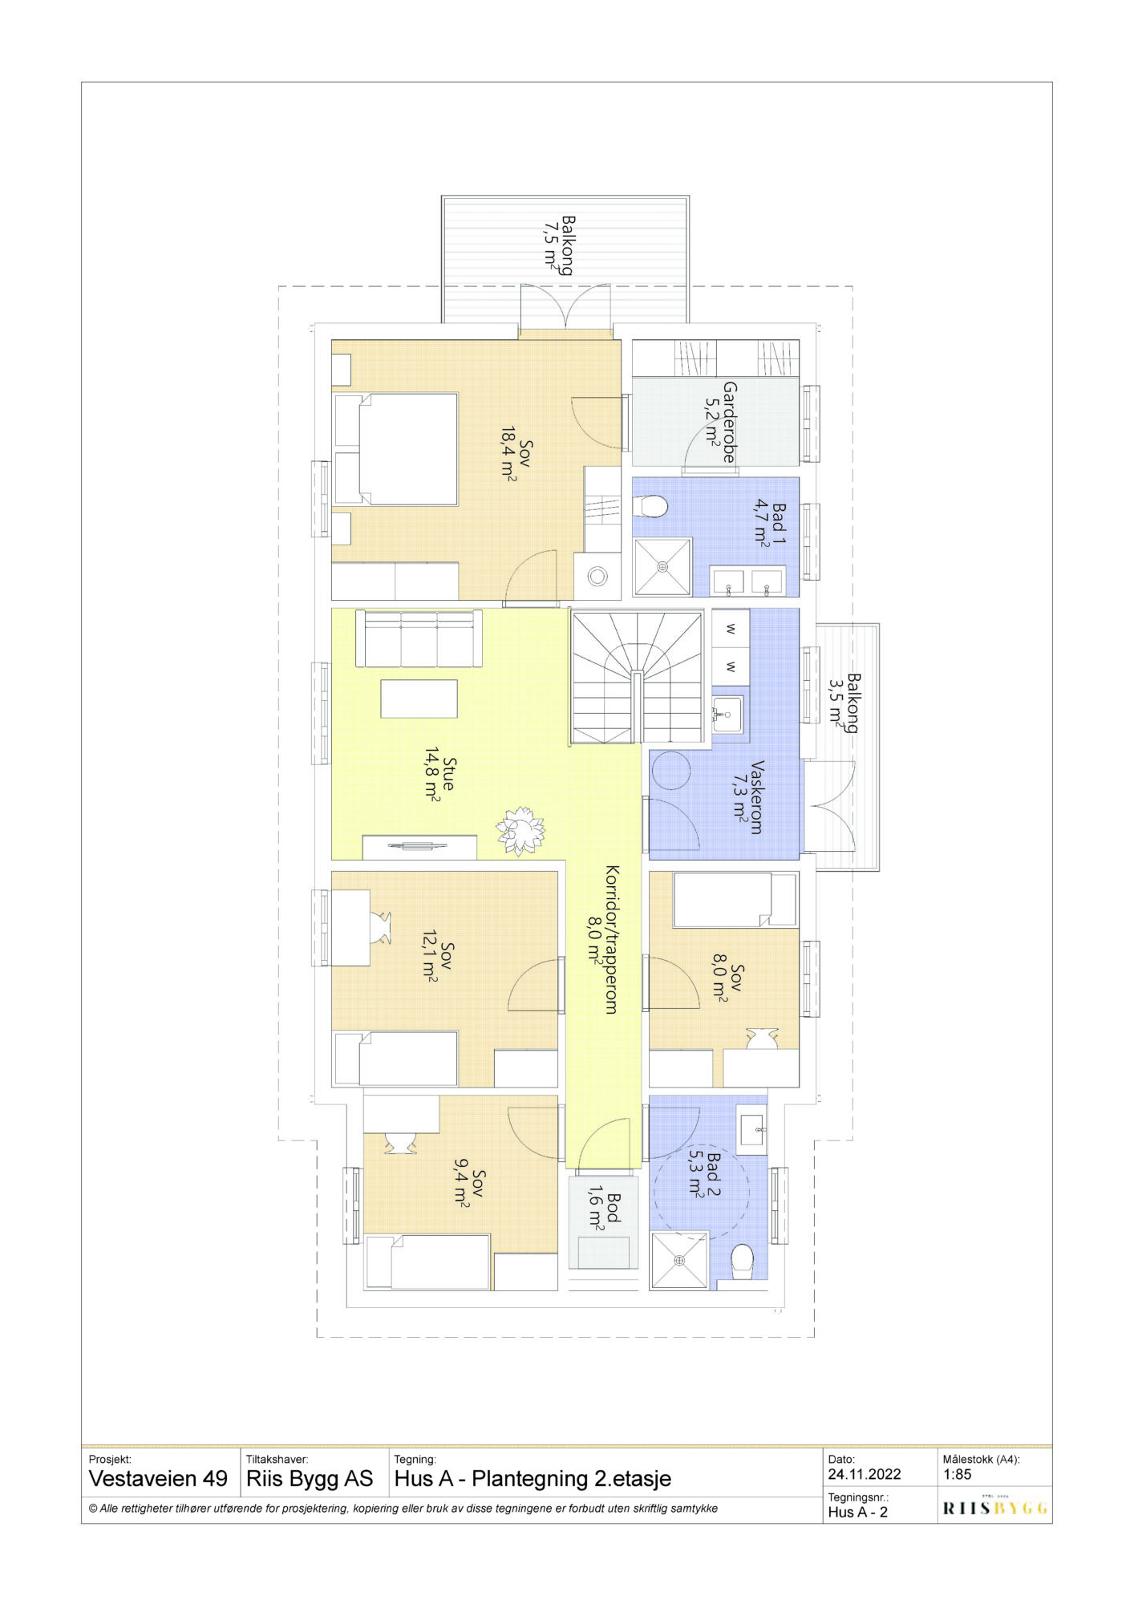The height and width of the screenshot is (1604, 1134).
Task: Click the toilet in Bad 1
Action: coord(650,506)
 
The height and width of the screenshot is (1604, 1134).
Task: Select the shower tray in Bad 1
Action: coord(662,567)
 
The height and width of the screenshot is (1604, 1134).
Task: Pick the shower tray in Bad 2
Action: coord(680,1261)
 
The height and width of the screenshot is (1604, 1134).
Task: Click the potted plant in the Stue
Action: coord(520,828)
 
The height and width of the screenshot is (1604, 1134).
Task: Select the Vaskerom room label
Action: coord(756,797)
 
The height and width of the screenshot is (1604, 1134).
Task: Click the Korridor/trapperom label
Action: coord(610,939)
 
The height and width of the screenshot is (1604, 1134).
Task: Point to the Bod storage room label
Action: coord(614,1208)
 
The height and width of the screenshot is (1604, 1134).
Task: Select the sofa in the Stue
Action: coord(418,638)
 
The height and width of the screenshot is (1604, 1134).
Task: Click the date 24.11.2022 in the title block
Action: coord(865,1474)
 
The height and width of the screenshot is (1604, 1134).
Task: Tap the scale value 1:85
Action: coord(958,1473)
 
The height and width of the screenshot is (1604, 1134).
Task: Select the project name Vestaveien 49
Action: coord(158,1478)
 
